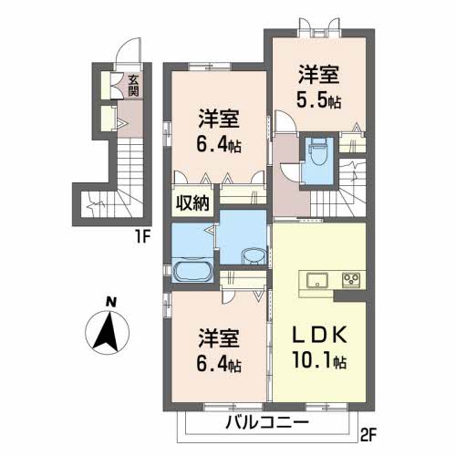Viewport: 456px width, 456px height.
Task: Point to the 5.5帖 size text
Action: click(x=317, y=101)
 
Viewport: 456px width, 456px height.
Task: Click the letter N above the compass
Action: click(x=110, y=302)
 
